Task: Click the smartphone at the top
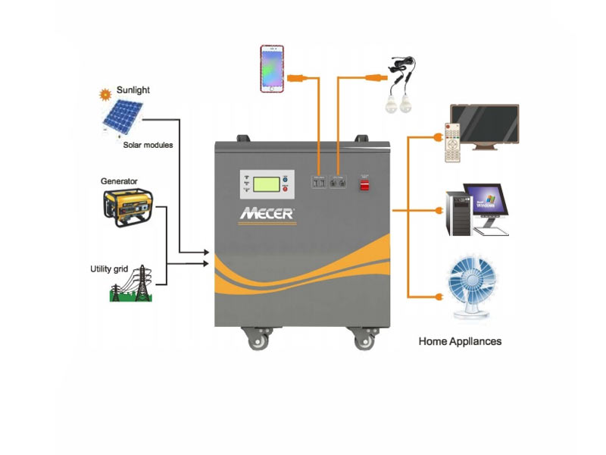[272, 69]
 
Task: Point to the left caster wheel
[258, 339]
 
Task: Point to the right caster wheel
[366, 339]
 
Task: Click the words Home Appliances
[460, 341]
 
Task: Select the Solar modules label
[148, 145]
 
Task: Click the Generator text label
[119, 181]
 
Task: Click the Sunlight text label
[133, 90]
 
